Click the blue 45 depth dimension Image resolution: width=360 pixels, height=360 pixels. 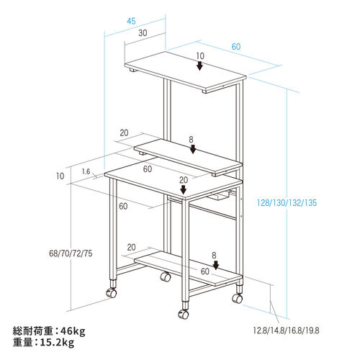tap(131, 21)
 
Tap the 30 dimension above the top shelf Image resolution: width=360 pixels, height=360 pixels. tap(143, 33)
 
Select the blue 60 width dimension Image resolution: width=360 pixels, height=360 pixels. tap(236, 47)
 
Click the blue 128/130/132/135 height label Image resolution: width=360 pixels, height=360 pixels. tap(287, 203)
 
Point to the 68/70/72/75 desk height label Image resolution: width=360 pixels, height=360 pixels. tap(71, 253)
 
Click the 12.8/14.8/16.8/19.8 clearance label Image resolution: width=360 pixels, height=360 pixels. tap(286, 330)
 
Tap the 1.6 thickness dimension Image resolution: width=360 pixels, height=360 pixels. tap(86, 171)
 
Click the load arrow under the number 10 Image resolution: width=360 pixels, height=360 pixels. tap(199, 66)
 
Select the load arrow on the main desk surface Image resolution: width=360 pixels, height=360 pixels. tap(184, 189)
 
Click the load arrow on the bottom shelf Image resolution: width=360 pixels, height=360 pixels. tap(216, 265)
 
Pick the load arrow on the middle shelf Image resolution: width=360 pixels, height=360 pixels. tap(193, 149)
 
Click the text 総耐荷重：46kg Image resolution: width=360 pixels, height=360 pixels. tap(49, 331)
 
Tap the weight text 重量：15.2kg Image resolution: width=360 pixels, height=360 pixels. tap(43, 342)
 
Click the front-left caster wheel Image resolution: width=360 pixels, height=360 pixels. tap(112, 293)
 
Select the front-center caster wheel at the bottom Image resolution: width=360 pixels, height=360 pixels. tap(184, 314)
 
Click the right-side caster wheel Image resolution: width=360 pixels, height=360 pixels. tap(238, 298)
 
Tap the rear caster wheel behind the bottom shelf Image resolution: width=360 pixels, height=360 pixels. tap(166, 277)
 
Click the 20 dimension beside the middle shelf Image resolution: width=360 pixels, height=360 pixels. tap(124, 132)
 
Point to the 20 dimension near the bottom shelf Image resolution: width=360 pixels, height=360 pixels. tap(131, 247)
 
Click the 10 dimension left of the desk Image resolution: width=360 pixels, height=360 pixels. tap(60, 176)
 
